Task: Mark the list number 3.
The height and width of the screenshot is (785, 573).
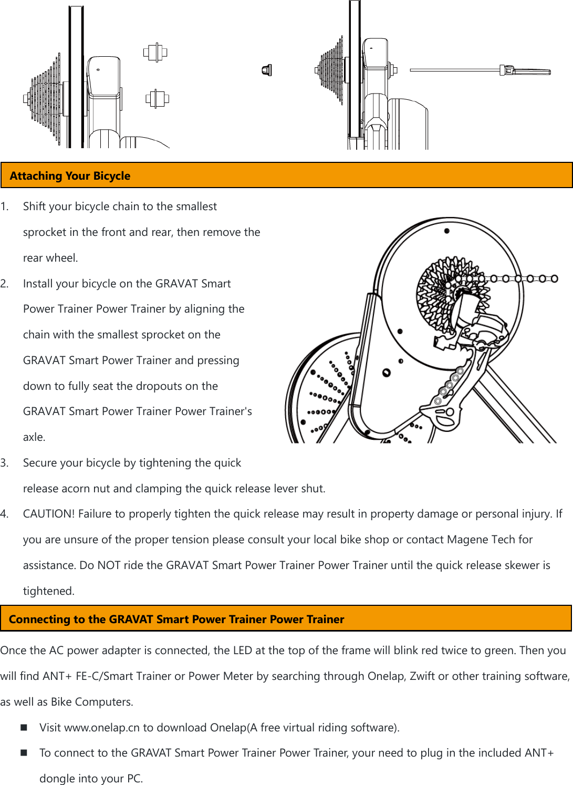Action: point(4,463)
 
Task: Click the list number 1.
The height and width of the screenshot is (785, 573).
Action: point(4,206)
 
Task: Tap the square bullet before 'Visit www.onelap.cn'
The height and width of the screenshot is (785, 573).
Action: point(24,727)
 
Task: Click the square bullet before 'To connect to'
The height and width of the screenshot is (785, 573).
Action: point(24,752)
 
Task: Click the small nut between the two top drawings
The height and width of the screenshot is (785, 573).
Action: point(267,70)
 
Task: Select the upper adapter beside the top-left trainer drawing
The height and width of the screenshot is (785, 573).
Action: point(155,53)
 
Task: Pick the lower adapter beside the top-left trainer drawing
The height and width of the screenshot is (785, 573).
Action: point(157,98)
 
